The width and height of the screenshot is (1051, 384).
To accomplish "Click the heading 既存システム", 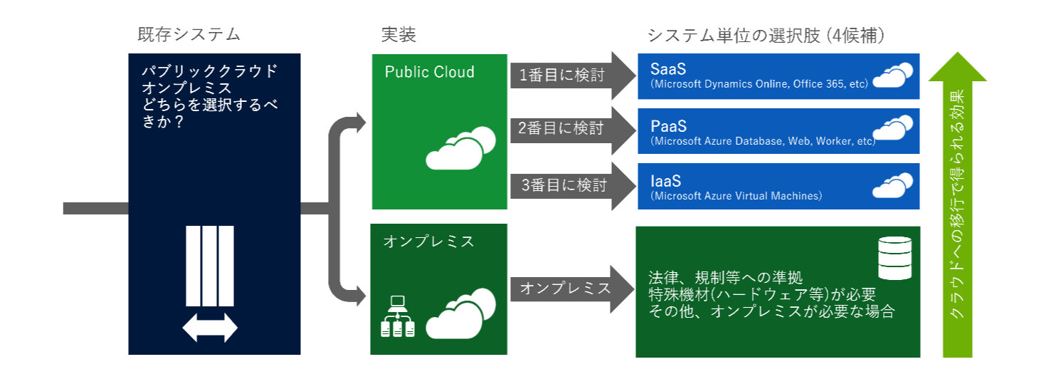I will (x=189, y=34).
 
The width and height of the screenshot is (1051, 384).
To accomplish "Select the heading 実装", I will (x=398, y=34).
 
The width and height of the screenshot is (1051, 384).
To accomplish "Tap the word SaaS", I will (x=668, y=69).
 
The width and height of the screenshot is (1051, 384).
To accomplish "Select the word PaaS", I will (x=668, y=126).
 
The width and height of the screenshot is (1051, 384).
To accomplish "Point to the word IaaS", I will (x=666, y=181).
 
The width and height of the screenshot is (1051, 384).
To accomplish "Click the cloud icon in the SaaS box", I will (x=892, y=76).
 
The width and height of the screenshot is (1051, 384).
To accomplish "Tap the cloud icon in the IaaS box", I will (x=892, y=185).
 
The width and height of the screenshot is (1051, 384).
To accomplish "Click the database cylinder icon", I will (x=894, y=258).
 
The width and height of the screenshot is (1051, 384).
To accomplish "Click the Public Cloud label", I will (x=429, y=72).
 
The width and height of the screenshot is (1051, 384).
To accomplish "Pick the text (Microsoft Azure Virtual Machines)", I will (x=736, y=196).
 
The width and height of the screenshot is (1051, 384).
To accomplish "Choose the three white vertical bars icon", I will (x=210, y=266).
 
